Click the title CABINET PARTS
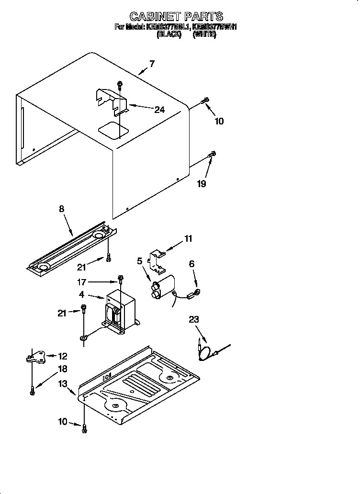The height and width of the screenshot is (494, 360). (x=177, y=17)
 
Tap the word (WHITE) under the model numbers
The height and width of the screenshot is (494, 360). (x=205, y=35)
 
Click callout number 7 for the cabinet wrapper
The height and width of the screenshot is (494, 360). (x=152, y=64)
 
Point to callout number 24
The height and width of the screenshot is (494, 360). (x=159, y=110)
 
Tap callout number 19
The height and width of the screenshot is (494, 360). (x=202, y=184)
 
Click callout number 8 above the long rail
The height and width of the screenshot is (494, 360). (x=62, y=209)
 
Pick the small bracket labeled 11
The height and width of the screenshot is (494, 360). (x=156, y=257)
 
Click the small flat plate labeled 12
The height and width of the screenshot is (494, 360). (x=35, y=357)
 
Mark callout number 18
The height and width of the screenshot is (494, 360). (x=62, y=369)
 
